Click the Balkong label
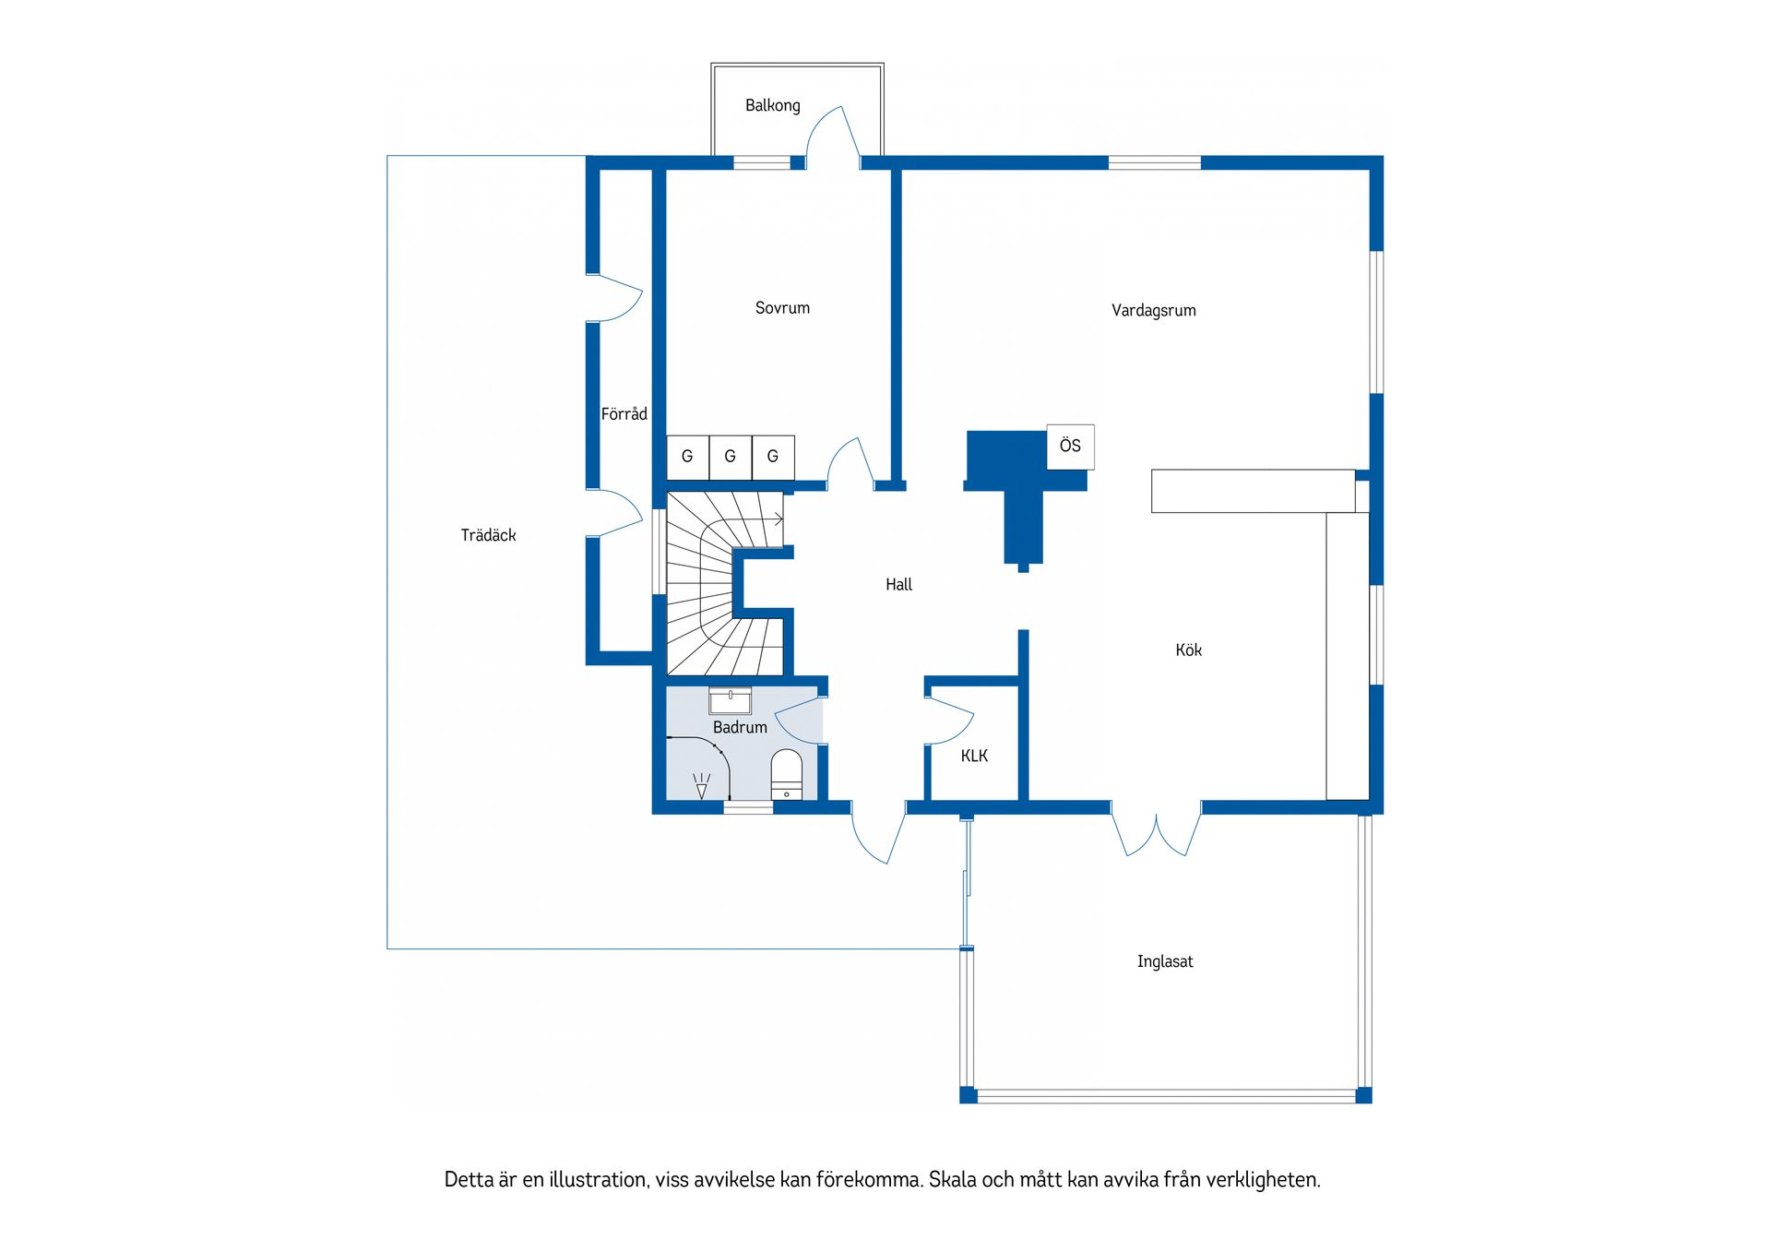click(773, 105)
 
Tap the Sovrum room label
click(782, 308)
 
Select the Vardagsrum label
click(1154, 311)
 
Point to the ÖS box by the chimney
click(1070, 447)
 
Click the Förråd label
click(624, 414)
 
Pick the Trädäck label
click(488, 535)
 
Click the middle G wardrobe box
click(730, 457)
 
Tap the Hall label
click(898, 584)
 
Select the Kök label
click(1188, 650)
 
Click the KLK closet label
click(974, 757)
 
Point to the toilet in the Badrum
click(787, 774)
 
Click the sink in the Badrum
click(730, 700)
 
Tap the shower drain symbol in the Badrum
click(702, 786)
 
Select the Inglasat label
click(1165, 961)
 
